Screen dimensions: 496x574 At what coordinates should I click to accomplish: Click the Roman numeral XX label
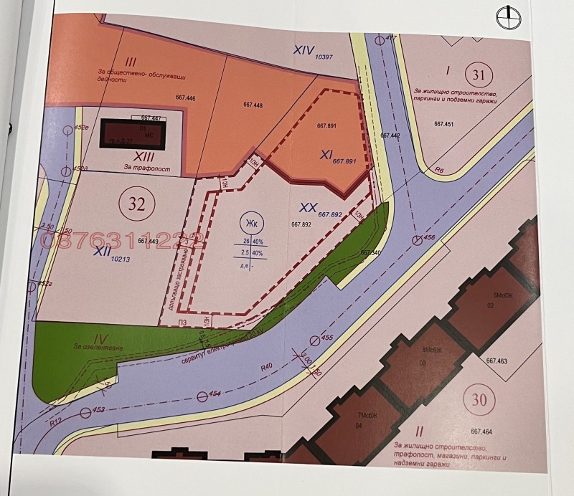(x=309, y=206)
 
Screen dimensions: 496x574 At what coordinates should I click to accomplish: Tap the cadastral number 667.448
(x=253, y=105)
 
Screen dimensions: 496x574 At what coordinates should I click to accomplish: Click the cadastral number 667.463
(x=497, y=361)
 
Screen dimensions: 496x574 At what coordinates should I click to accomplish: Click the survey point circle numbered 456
(x=416, y=239)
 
